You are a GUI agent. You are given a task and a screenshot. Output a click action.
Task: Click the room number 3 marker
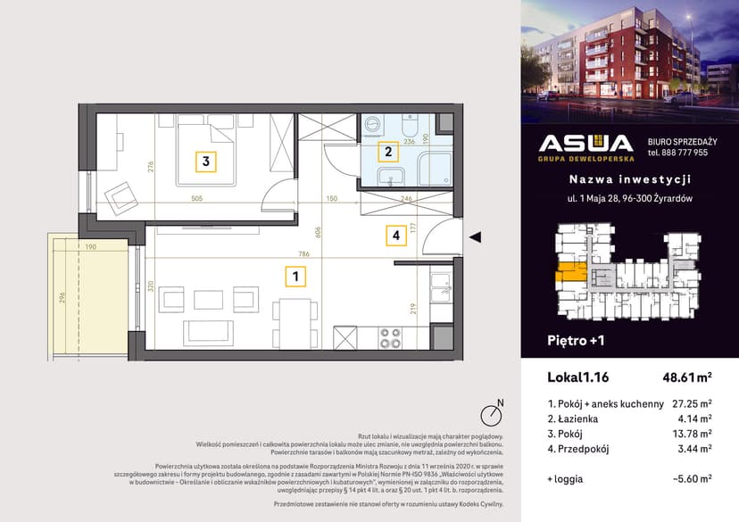pyautogui.click(x=205, y=162)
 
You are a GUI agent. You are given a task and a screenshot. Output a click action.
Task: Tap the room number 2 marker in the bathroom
pyautogui.click(x=387, y=152)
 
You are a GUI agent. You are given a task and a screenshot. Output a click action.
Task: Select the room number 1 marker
pyautogui.click(x=294, y=277)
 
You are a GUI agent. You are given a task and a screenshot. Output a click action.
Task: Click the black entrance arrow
pyautogui.click(x=476, y=236)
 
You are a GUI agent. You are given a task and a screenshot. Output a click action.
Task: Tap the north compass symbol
pyautogui.click(x=490, y=414)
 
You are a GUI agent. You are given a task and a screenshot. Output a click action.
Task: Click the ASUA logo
pyautogui.click(x=586, y=145)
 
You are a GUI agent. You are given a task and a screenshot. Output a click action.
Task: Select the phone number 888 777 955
pyautogui.click(x=677, y=153)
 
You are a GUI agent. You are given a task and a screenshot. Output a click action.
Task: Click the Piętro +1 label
pyautogui.click(x=575, y=340)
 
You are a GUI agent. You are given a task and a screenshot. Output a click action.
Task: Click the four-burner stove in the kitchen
pyautogui.click(x=390, y=338)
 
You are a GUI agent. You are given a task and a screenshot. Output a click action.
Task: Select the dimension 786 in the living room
pyautogui.click(x=303, y=253)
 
